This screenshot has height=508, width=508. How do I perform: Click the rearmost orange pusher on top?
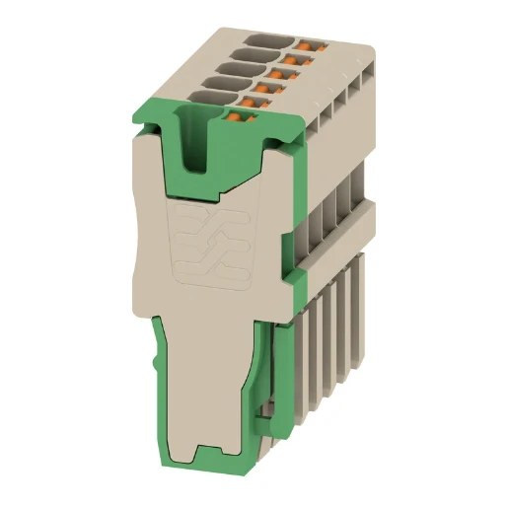coord(313,45)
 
